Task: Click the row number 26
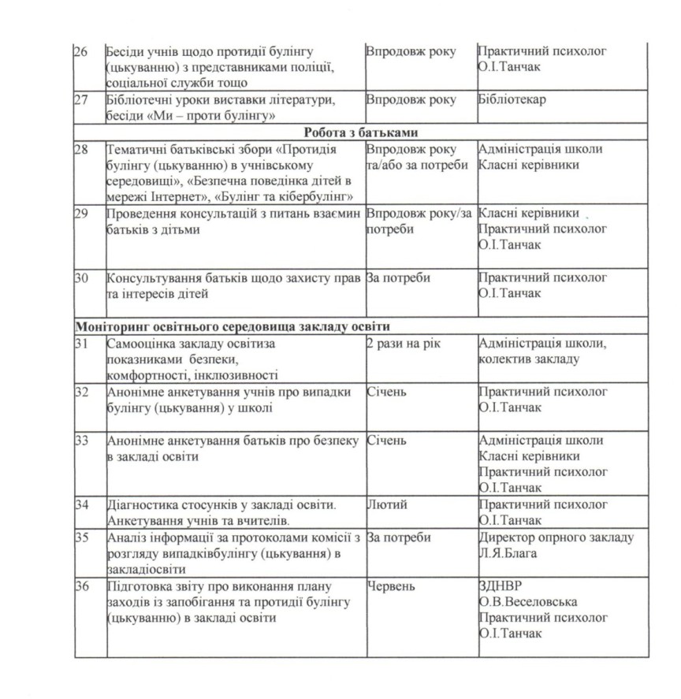tap(80, 51)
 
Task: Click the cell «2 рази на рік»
tap(401, 344)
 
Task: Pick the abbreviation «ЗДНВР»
tap(498, 587)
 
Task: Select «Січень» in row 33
tap(386, 441)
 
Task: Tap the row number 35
tap(80, 537)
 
